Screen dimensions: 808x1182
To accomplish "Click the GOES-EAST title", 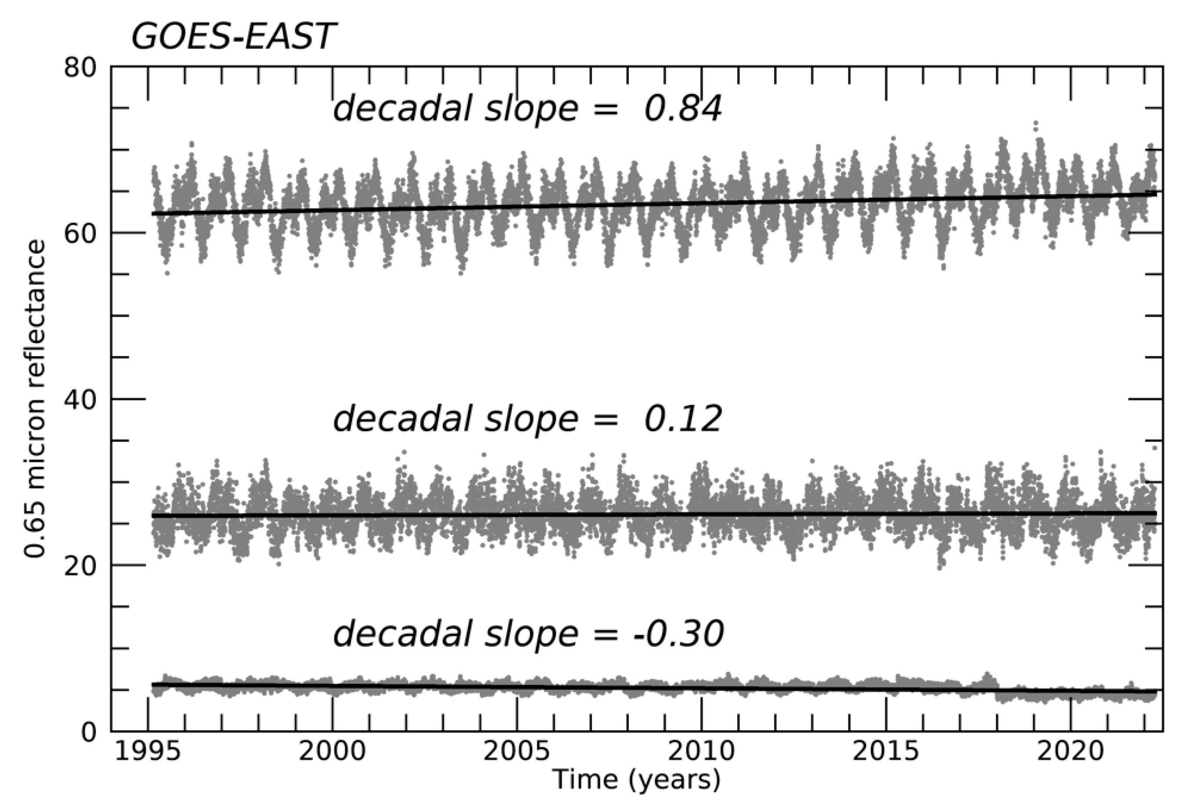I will point(232,36).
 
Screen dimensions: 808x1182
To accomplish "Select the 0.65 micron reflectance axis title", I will point(36,400).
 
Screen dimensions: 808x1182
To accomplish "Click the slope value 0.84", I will point(682,109).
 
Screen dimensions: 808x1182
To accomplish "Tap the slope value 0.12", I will point(682,419).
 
